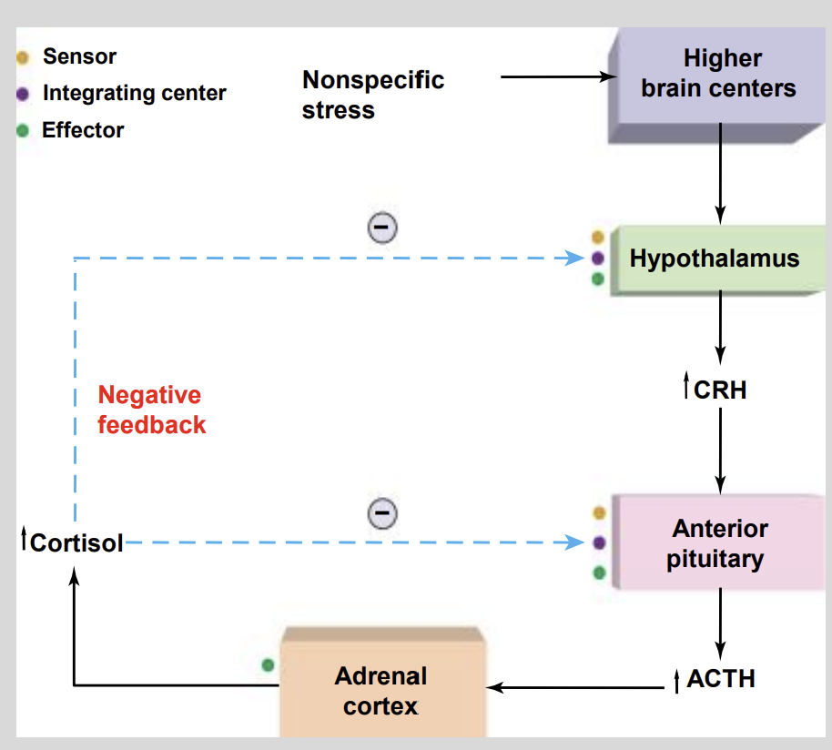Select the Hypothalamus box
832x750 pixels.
(x=714, y=258)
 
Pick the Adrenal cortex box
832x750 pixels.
(x=380, y=690)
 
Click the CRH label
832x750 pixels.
(x=719, y=390)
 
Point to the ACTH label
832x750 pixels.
(x=720, y=679)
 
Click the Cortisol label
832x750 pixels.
(x=76, y=543)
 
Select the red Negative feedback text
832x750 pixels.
(x=151, y=410)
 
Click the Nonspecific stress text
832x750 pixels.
(x=373, y=95)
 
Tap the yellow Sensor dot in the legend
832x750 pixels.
(x=24, y=57)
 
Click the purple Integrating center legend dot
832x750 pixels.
(x=24, y=94)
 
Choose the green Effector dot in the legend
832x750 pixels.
(x=24, y=130)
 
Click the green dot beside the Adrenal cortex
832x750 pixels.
(x=268, y=665)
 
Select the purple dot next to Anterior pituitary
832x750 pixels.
(x=598, y=542)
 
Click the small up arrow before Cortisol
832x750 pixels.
(x=24, y=541)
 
